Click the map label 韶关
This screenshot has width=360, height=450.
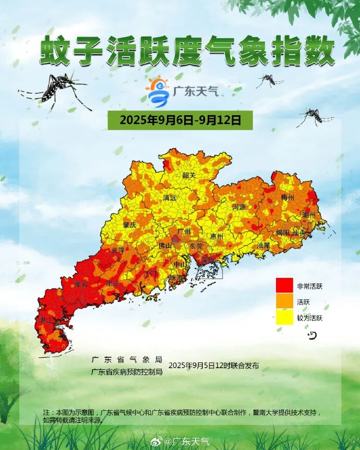[189, 175]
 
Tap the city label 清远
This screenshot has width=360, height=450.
[170, 198]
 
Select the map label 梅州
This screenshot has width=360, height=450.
[288, 198]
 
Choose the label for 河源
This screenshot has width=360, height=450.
[239, 207]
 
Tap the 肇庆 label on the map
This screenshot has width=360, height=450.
[129, 225]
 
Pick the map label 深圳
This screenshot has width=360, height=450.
[208, 259]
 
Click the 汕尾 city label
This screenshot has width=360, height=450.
[263, 245]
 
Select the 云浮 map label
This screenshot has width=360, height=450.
[118, 250]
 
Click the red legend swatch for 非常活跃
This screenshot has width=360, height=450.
[284, 286]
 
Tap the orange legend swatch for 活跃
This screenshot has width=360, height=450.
[284, 301]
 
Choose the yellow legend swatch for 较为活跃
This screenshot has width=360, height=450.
[284, 317]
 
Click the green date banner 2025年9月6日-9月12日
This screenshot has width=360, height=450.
[180, 120]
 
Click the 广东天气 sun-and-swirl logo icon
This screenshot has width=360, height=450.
[158, 91]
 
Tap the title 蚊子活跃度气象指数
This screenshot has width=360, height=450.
[187, 52]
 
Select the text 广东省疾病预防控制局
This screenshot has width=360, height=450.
[127, 372]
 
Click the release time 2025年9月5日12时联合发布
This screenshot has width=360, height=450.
[213, 365]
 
